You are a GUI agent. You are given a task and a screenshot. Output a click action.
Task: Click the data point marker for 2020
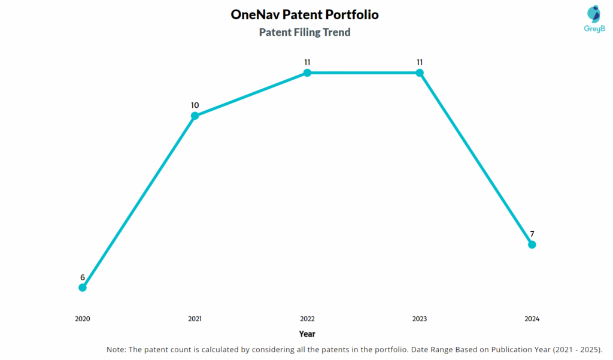tap(83, 288)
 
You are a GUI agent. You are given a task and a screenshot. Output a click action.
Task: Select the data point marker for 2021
tap(195, 116)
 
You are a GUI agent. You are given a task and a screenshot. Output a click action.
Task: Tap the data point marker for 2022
tap(307, 73)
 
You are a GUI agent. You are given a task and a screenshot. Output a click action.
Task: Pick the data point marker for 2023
tap(420, 73)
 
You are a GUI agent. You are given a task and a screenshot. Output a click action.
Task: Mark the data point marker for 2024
tap(532, 244)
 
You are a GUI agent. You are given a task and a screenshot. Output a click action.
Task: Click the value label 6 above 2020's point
tap(83, 277)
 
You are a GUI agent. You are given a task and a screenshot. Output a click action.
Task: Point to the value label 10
tap(195, 105)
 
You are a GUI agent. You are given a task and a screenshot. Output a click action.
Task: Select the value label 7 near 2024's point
tap(532, 234)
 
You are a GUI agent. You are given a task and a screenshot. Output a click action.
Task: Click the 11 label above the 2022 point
tap(307, 62)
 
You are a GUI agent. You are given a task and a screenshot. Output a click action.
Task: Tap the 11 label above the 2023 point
tap(420, 62)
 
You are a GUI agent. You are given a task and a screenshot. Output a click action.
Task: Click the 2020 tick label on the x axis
tap(83, 319)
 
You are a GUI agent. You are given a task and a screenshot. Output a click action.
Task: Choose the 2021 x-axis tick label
tap(195, 319)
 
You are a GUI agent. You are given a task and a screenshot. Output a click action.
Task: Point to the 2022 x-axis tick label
tap(307, 319)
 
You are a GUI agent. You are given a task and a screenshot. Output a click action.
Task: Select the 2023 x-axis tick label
tap(420, 319)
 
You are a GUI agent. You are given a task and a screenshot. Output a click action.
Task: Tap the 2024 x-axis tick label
tap(532, 319)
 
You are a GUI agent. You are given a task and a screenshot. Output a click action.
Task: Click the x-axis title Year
tap(307, 334)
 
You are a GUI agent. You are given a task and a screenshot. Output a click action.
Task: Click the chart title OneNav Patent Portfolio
tap(305, 14)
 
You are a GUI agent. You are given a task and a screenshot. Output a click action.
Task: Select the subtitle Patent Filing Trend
tap(305, 32)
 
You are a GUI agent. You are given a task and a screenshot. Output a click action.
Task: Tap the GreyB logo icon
tap(593, 15)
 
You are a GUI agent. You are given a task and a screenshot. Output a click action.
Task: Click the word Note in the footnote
tap(116, 349)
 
